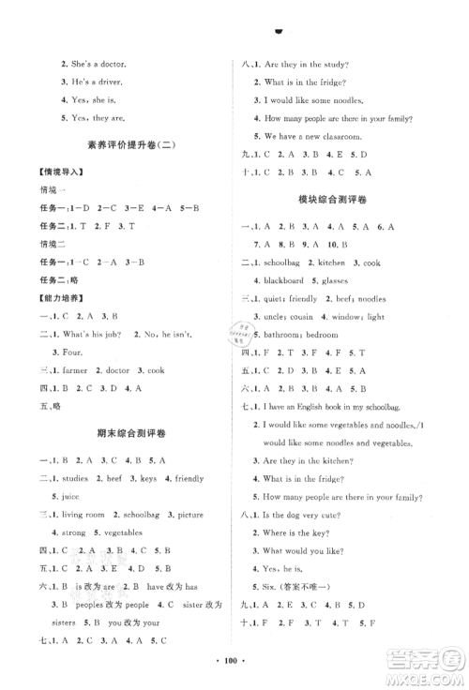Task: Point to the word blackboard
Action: pyautogui.click(x=282, y=280)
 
